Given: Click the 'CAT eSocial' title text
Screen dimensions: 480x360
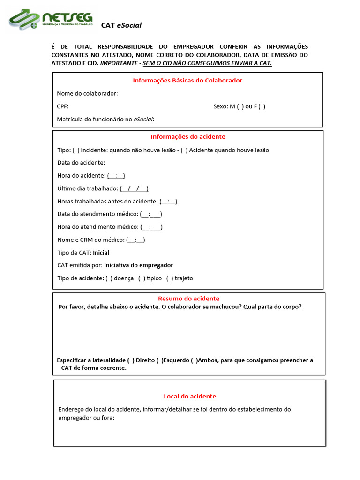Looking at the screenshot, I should tap(121, 25).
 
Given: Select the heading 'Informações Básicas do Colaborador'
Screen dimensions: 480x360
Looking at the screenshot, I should tap(187, 80).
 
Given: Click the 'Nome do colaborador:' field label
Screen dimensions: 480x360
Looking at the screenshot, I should tap(87, 93).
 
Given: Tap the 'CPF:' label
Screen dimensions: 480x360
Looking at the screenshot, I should tap(63, 106).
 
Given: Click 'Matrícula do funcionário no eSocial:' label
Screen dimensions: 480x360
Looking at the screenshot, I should tap(105, 120).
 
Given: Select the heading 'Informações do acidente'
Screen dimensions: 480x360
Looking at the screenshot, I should tap(187, 136).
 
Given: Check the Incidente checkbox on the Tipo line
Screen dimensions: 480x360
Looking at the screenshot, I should tap(76, 150).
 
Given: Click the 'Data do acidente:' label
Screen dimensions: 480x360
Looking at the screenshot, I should tap(81, 163).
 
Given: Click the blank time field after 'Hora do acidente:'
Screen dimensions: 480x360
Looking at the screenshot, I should tap(116, 176).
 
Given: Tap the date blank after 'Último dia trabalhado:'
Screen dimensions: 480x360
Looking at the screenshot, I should tap(134, 188).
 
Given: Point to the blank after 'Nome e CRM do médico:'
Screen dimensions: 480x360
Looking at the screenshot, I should tap(136, 240).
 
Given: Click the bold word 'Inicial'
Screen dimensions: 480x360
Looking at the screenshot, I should tap(101, 253).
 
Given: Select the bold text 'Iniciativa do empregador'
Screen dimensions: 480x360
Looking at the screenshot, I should tap(138, 265).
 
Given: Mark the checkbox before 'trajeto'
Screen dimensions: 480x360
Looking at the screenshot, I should tap(170, 278).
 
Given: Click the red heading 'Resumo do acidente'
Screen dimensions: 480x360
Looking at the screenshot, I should tap(188, 299).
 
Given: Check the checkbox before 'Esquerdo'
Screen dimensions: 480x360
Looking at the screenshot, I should tap(159, 360).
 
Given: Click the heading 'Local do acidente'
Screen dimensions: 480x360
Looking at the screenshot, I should tap(190, 396).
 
